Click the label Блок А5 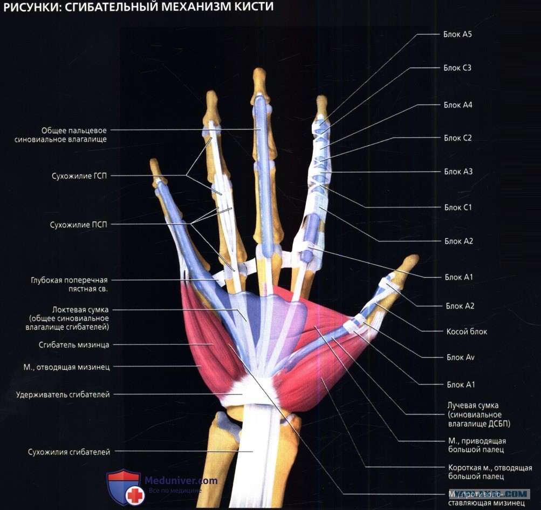pos(457,34)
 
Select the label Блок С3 pos(457,68)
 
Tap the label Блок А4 pos(458,105)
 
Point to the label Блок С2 pos(457,138)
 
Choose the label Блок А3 pos(458,171)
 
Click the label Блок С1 pos(458,207)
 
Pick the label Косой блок pos(467,331)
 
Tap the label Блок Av pos(460,357)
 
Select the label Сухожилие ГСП pos(79,176)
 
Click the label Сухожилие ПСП pos(79,225)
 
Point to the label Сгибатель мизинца pos(74,345)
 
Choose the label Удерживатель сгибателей pos(63,394)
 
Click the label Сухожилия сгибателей pos(69,452)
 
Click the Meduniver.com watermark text pos(181,481)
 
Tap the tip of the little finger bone pos(153,160)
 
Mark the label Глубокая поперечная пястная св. pos(70,284)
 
